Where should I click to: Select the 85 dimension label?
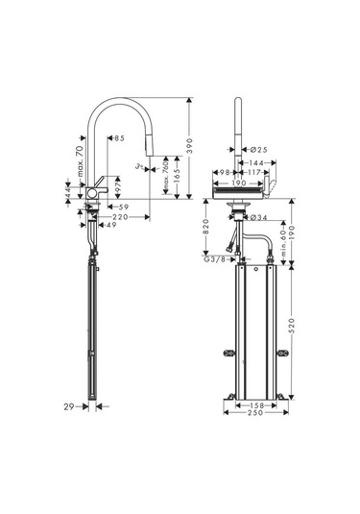[120, 139]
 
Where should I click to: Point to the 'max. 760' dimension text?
[168, 176]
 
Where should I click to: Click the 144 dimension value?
[255, 163]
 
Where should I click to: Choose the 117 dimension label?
[253, 173]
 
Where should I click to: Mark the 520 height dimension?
[291, 326]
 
